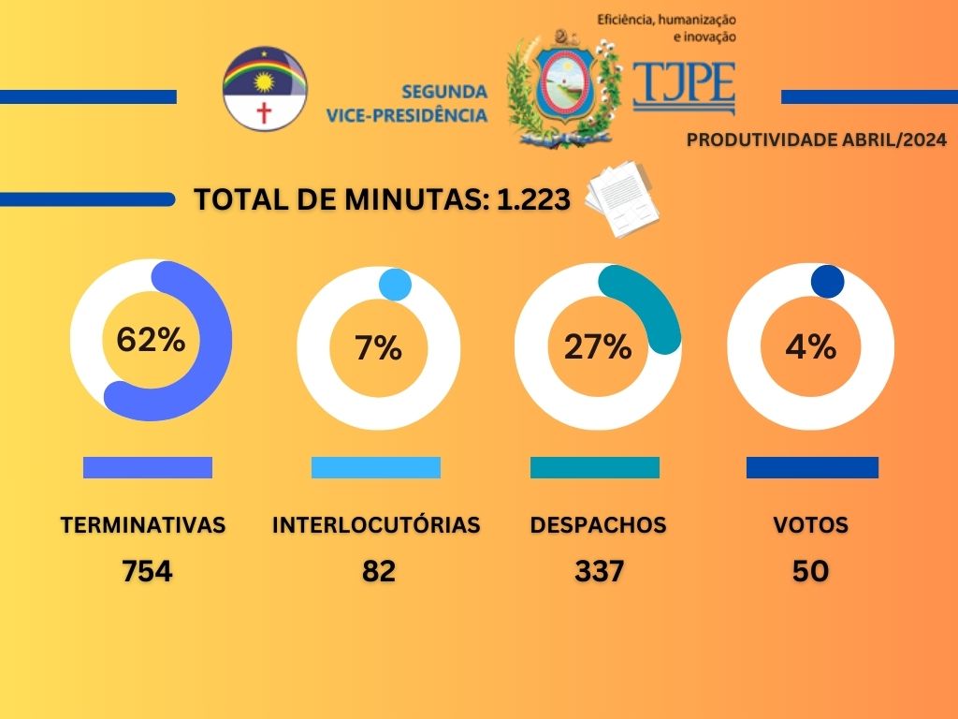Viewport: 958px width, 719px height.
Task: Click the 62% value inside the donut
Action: [151, 339]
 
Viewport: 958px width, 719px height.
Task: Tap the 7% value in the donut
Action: [378, 348]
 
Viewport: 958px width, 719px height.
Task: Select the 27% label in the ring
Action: [598, 346]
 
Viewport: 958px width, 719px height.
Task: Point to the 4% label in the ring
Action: [811, 346]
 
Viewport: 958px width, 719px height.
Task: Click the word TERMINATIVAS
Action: [143, 524]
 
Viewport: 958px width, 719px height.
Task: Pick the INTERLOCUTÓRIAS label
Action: [376, 524]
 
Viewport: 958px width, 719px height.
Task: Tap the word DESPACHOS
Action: [598, 524]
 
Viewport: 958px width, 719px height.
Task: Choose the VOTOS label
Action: [811, 524]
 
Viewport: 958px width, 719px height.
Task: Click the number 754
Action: [147, 571]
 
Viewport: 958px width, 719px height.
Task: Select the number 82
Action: [379, 571]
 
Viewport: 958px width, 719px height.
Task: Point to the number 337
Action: [599, 571]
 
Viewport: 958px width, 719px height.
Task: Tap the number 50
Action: [811, 571]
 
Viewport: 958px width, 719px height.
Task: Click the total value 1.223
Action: [534, 199]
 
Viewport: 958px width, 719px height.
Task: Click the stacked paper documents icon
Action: [622, 198]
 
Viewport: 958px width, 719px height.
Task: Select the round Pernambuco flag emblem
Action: [265, 89]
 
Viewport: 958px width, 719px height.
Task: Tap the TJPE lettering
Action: [684, 83]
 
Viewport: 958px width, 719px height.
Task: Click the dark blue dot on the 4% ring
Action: [827, 281]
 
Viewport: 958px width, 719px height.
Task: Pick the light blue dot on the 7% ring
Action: [395, 285]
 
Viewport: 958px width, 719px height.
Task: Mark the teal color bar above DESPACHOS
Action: [594, 468]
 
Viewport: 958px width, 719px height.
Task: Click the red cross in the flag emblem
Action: [264, 113]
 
